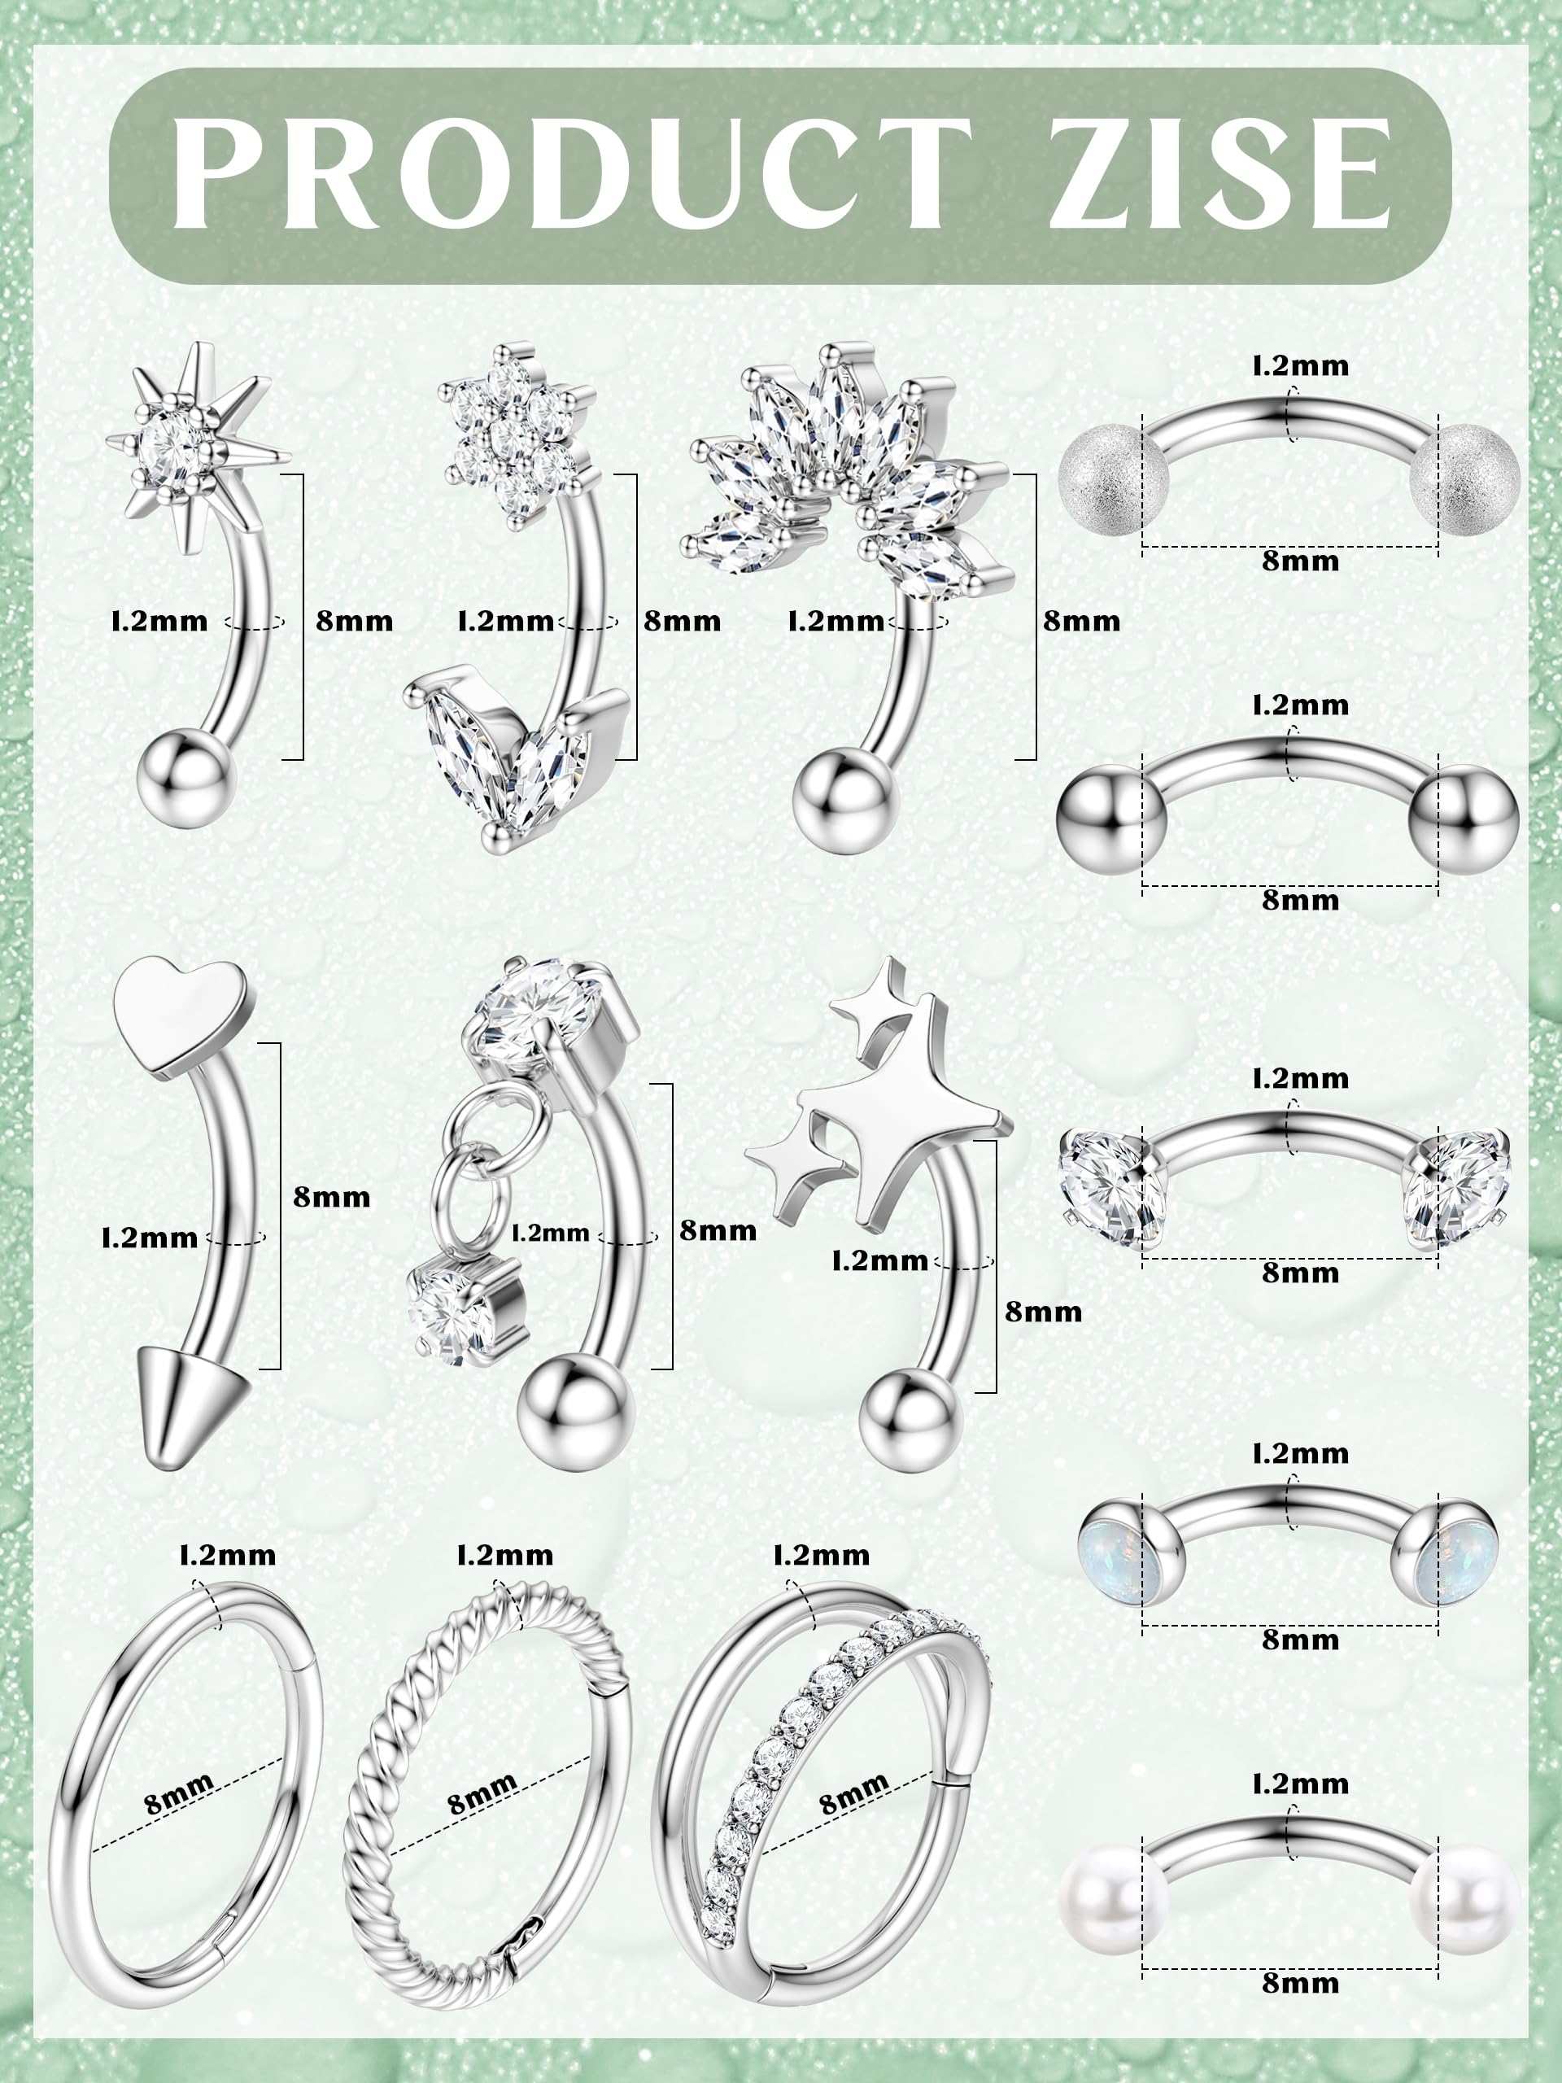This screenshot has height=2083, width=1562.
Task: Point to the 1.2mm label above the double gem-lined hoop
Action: click(x=822, y=1556)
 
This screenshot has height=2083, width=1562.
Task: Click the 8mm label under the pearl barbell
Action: click(x=1300, y=1983)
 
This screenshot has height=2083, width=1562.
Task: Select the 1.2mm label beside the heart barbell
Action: click(x=150, y=1238)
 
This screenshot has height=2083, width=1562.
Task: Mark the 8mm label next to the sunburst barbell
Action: click(x=354, y=621)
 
